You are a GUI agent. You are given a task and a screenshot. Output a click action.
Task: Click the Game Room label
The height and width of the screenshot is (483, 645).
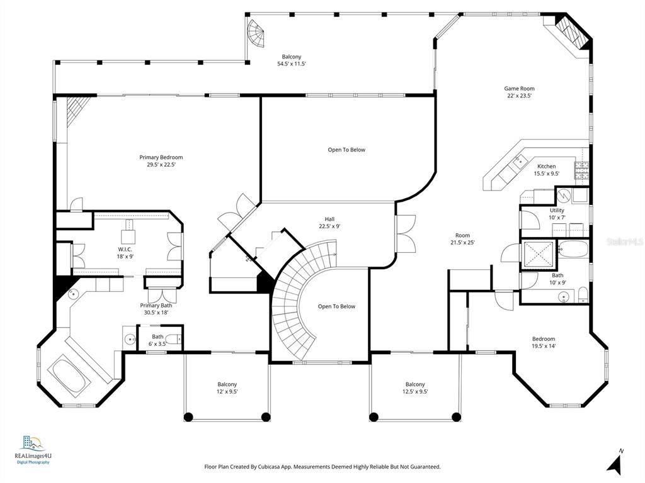point(519,92)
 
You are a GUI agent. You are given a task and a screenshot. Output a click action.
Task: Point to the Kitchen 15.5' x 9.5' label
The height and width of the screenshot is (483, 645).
point(546,170)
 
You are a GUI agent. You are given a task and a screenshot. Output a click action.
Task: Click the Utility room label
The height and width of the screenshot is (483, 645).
point(557,214)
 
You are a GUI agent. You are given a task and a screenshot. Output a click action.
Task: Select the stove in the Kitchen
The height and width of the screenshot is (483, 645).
point(581,168)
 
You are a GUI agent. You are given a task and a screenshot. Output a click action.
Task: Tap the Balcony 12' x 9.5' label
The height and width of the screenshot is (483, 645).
point(227,387)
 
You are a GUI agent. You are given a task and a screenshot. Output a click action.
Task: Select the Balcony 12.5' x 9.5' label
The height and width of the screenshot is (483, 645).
point(414,387)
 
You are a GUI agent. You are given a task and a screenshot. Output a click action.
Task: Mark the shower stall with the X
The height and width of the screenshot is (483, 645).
point(538,254)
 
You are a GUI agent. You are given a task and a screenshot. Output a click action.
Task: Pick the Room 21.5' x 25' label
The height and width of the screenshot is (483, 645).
point(462,239)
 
